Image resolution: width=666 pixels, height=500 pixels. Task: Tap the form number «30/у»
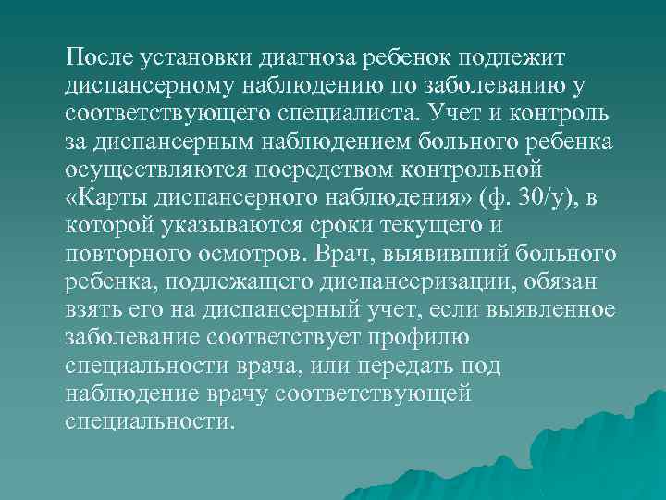click(x=547, y=198)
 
